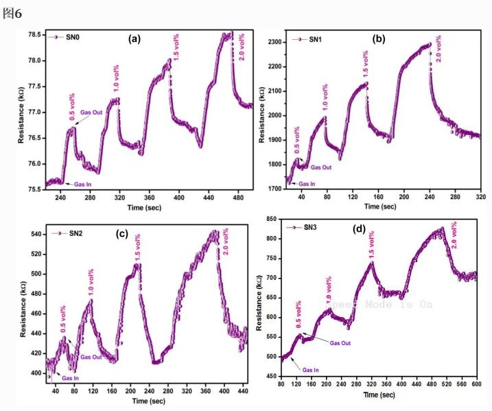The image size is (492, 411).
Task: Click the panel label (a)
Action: (134, 38)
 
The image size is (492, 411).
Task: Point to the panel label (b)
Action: (378, 39)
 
